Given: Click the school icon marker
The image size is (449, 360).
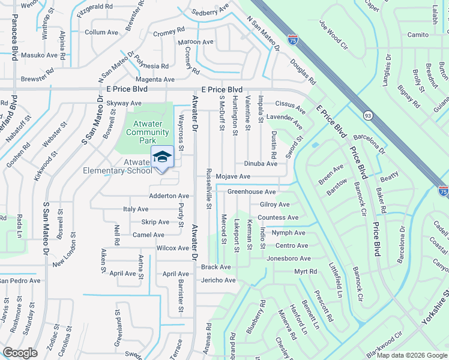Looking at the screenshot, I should tap(162, 157).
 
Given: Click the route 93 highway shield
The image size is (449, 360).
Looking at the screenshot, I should tap(367, 114).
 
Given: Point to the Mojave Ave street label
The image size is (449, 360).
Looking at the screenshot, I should tap(234, 176).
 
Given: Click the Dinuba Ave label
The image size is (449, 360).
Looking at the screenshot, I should tap(261, 163).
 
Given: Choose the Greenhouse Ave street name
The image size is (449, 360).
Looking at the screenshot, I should tap(252, 191).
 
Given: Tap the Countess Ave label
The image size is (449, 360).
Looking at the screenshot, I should tap(278, 217).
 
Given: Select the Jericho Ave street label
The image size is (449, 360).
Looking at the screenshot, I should tap(218, 280).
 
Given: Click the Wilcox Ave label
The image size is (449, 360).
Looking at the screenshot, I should tap(173, 248).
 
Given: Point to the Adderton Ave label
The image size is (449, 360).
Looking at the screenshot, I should tap(169, 196).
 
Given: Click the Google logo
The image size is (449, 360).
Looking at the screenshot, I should tap(20, 353).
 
